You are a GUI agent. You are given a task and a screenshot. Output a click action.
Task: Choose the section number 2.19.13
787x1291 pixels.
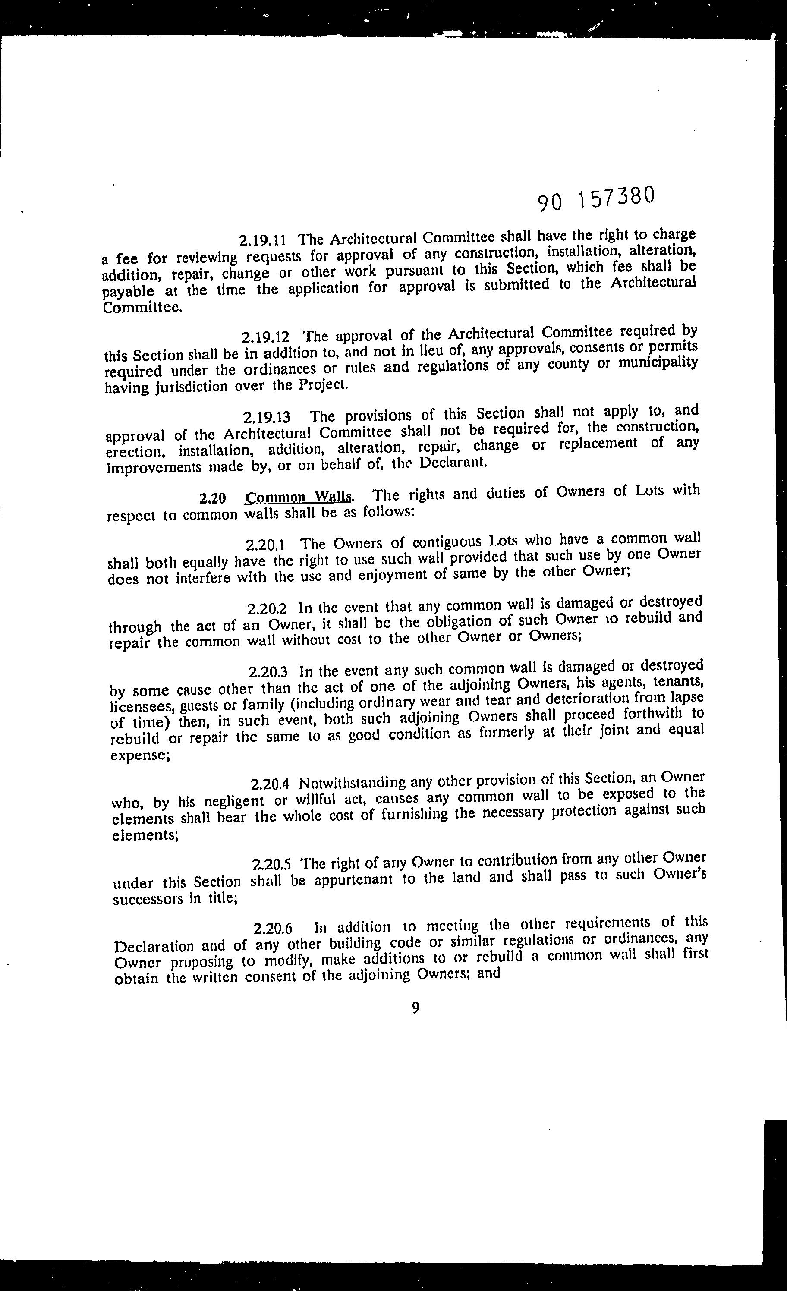[x=267, y=418]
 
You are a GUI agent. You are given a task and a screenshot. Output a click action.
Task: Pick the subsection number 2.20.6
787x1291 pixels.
[x=272, y=929]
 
